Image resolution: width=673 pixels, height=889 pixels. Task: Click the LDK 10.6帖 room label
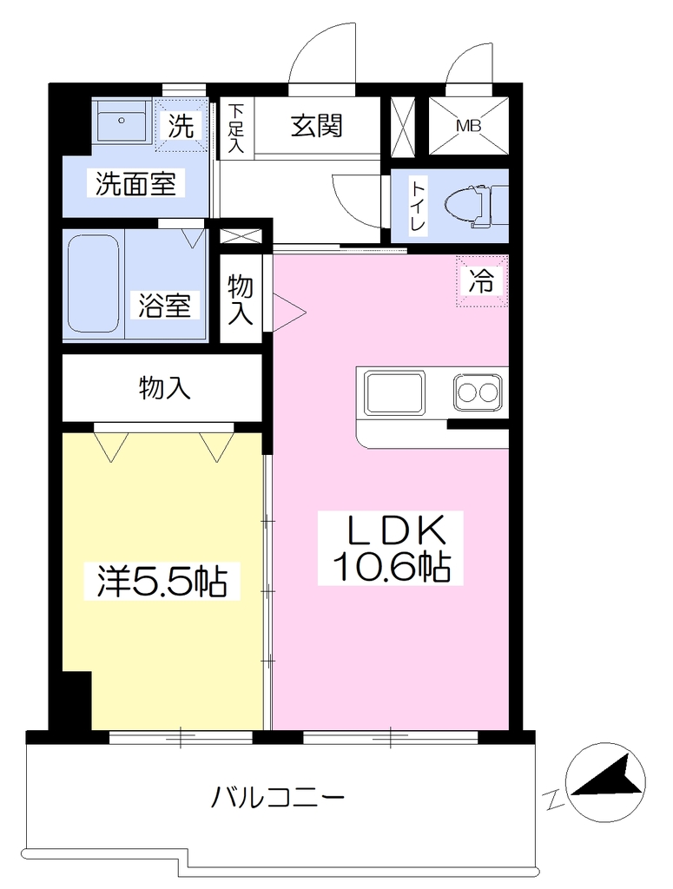391,548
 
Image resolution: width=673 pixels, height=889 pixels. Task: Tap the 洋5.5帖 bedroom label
162,581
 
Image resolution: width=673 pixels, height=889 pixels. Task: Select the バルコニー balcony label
278,799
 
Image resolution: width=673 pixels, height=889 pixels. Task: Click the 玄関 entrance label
317,126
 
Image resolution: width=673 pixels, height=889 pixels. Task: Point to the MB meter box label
468,126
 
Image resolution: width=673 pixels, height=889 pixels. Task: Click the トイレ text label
419,205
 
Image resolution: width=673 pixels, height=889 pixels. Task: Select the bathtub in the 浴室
94,284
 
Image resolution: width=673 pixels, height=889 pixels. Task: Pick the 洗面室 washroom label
135,183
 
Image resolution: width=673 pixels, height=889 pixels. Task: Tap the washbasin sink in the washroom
122,121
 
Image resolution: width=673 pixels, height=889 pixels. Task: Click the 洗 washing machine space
181,125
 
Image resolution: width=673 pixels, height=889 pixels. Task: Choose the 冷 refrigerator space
481,280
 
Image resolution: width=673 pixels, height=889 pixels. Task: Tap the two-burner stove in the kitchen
478,392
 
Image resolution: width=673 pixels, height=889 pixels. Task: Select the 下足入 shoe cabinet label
236,128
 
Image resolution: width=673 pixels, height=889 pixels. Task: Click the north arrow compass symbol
606,782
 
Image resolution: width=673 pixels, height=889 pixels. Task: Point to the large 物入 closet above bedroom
164,388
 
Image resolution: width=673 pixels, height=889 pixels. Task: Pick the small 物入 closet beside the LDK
241,300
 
